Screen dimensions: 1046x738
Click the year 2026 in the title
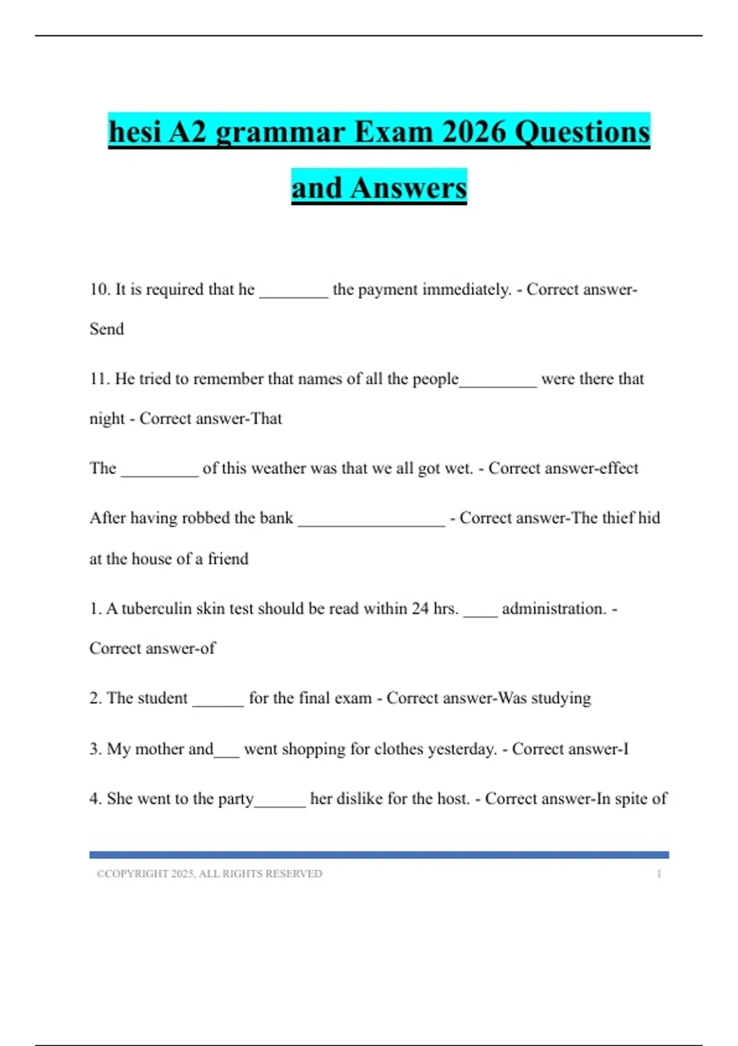pyautogui.click(x=474, y=132)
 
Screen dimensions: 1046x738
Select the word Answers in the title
pyautogui.click(x=408, y=188)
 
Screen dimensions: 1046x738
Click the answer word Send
pyautogui.click(x=107, y=329)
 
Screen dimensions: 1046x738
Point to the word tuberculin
pyautogui.click(x=156, y=609)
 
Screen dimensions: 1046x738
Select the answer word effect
pyautogui.click(x=619, y=468)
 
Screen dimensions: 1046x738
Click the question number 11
pyautogui.click(x=99, y=379)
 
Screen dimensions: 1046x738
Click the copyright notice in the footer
pyautogui.click(x=209, y=874)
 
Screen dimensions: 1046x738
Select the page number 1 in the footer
pyautogui.click(x=659, y=874)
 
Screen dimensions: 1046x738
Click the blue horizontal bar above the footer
pyautogui.click(x=379, y=855)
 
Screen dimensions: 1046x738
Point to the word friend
pyautogui.click(x=228, y=559)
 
